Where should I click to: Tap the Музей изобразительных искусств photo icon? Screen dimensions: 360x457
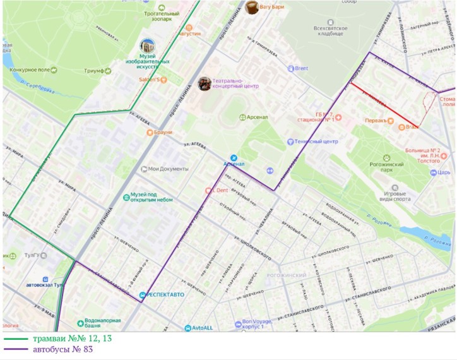147,45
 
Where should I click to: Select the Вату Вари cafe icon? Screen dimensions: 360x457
252,7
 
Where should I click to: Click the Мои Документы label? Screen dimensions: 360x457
168,169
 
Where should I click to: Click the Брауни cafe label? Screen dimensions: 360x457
163,133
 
